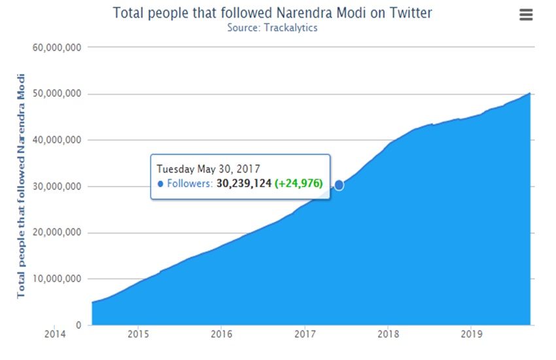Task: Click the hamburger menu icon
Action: point(526,14)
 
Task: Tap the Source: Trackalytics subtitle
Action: point(272,27)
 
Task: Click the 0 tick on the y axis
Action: point(78,325)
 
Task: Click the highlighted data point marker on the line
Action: point(339,185)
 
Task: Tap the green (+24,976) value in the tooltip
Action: point(299,184)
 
